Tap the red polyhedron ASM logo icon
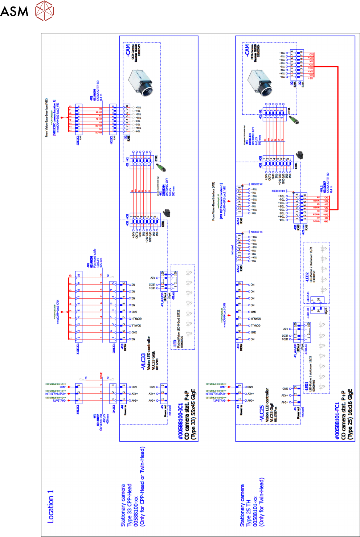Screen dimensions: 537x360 (44, 10)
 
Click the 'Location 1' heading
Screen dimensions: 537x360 (50, 506)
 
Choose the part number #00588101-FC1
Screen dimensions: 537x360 (337, 421)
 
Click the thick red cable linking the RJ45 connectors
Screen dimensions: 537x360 (337, 138)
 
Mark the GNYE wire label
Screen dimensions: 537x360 (101, 376)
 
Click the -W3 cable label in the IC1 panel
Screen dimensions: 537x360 (91, 98)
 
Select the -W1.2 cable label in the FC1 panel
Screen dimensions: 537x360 (321, 189)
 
